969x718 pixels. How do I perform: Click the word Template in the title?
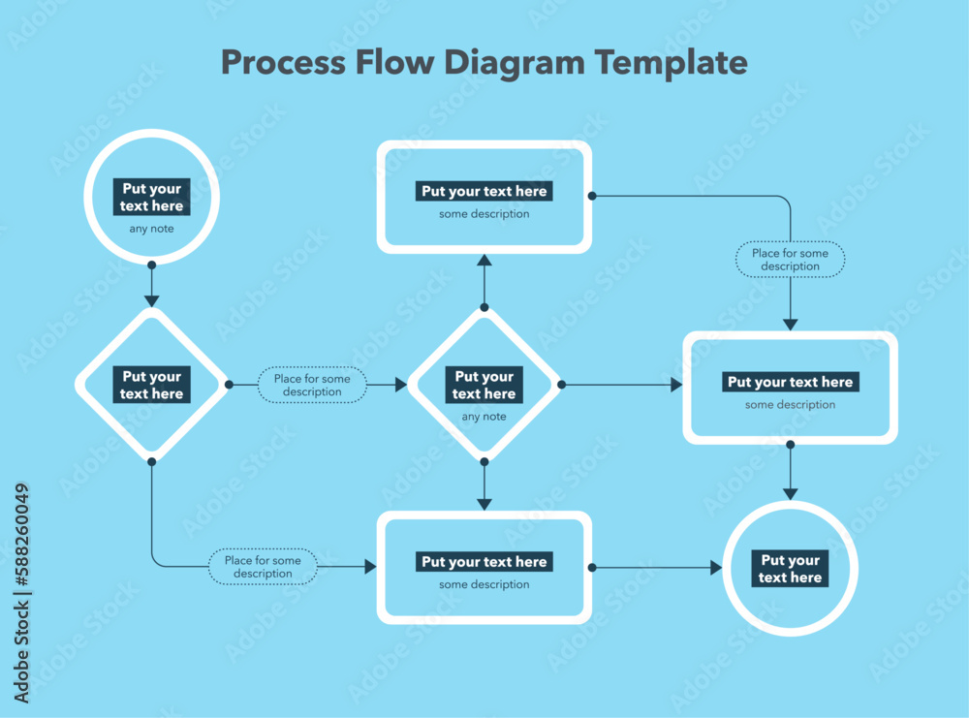click(671, 63)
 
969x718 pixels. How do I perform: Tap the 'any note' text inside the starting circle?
click(151, 230)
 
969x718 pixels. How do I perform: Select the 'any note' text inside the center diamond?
click(484, 417)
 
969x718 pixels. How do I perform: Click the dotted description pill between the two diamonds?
click(312, 386)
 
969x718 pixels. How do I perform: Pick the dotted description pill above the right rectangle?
click(790, 260)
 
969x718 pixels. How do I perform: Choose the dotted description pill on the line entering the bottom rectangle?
click(263, 567)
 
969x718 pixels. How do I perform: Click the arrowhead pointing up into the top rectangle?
click(484, 260)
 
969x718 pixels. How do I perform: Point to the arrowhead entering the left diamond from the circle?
click(151, 300)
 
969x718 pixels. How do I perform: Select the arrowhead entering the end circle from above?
click(791, 493)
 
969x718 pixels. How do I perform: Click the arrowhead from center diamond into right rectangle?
click(676, 385)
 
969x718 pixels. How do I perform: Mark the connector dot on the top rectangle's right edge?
click(592, 196)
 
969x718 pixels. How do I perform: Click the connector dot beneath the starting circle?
click(151, 265)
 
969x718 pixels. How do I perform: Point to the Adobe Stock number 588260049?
click(22, 594)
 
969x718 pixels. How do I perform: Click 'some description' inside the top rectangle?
click(484, 214)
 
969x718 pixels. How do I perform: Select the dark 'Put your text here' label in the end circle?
click(790, 569)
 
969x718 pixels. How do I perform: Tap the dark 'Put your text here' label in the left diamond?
click(152, 386)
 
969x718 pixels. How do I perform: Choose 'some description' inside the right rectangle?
click(790, 405)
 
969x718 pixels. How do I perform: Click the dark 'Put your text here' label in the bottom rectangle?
click(484, 562)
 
